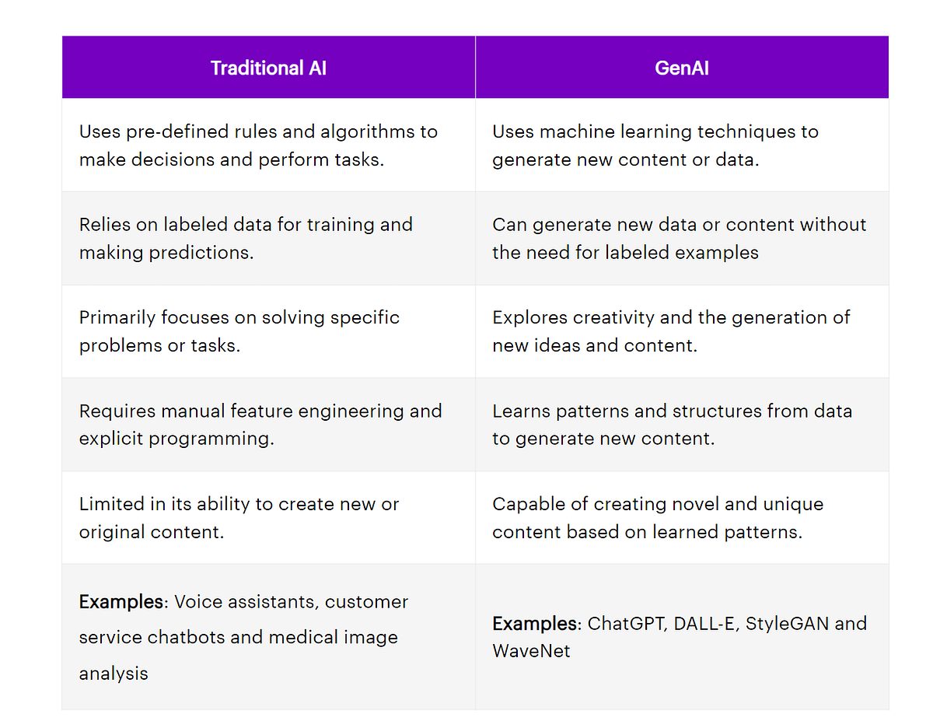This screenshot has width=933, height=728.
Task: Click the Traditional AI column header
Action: click(x=268, y=68)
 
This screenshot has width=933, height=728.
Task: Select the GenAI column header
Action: click(x=682, y=68)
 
